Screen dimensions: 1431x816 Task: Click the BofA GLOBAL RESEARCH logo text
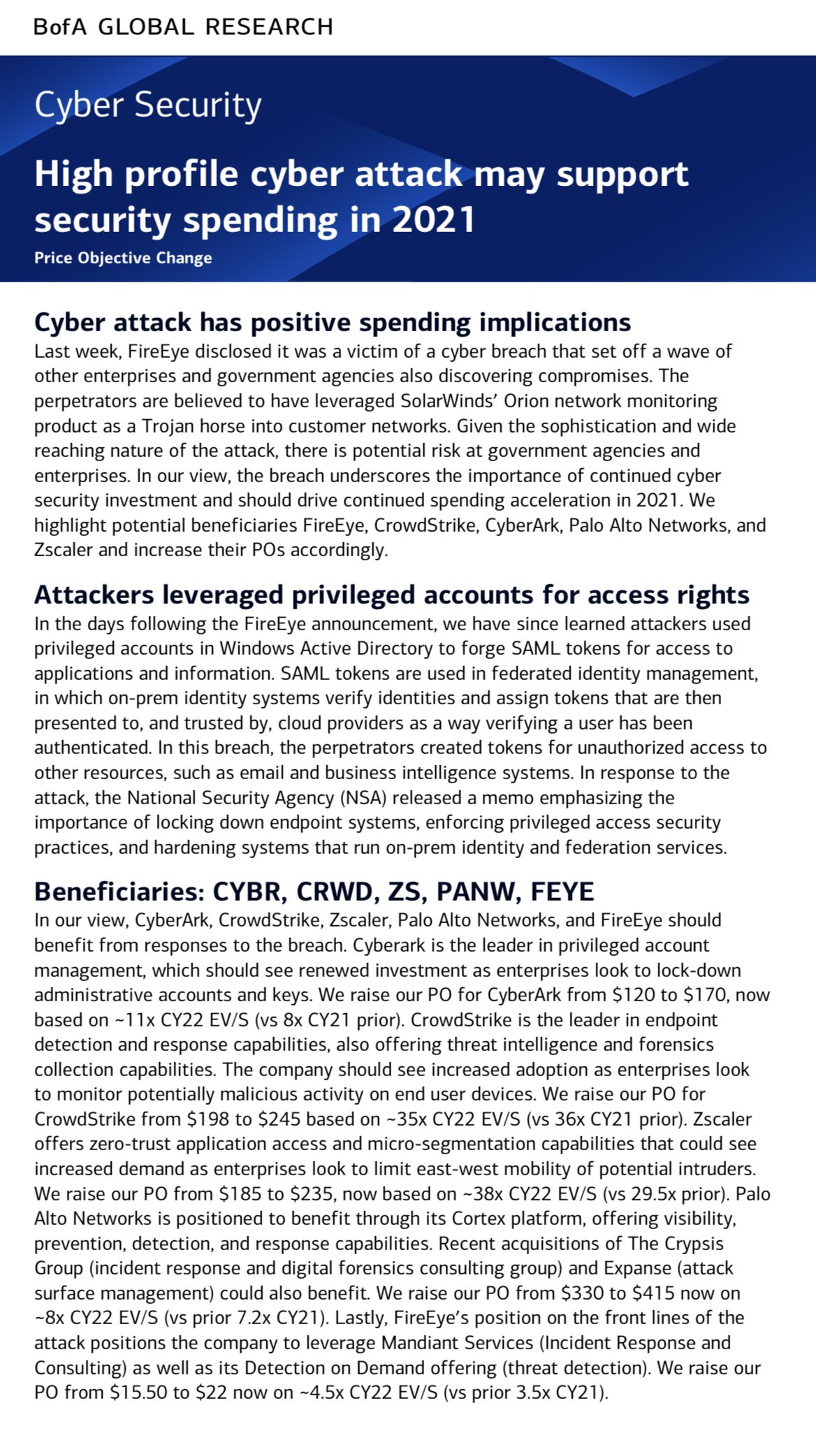click(x=184, y=27)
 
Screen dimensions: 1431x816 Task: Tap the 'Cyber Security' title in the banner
click(x=148, y=106)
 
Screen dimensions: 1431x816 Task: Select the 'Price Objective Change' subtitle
click(x=123, y=258)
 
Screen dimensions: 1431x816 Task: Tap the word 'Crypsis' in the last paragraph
click(x=690, y=1243)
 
